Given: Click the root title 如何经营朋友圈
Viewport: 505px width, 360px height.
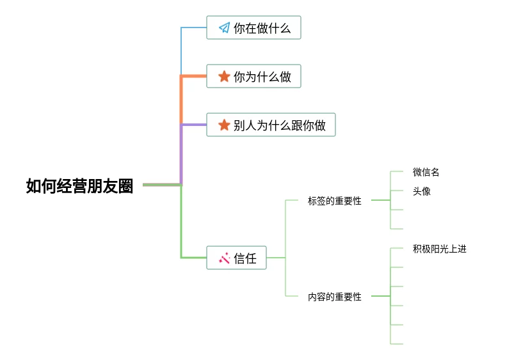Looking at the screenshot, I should [79, 186].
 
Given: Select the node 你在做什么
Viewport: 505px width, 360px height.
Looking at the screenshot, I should [253, 27].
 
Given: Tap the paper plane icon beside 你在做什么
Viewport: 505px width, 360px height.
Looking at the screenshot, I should [224, 27].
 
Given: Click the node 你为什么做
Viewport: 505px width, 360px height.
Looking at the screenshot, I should [253, 76].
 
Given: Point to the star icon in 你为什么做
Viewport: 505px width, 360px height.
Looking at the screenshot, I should [224, 76].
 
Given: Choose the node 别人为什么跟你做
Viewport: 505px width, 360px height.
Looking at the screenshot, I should [271, 125].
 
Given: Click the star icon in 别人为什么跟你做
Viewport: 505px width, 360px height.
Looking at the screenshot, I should [224, 125].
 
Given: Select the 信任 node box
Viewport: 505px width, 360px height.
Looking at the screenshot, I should [236, 258].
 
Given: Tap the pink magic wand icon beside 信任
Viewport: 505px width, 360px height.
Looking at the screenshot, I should [224, 258].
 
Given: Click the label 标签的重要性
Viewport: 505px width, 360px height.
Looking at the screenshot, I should [334, 201].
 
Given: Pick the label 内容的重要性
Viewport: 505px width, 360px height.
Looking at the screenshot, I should [334, 297].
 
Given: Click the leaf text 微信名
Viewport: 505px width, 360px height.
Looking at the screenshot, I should [426, 172].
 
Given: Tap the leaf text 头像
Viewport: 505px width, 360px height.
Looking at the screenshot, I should [421, 191].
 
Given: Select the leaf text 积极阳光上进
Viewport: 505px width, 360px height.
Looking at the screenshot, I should [439, 249].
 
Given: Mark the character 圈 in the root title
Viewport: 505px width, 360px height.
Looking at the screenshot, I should [125, 186].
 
